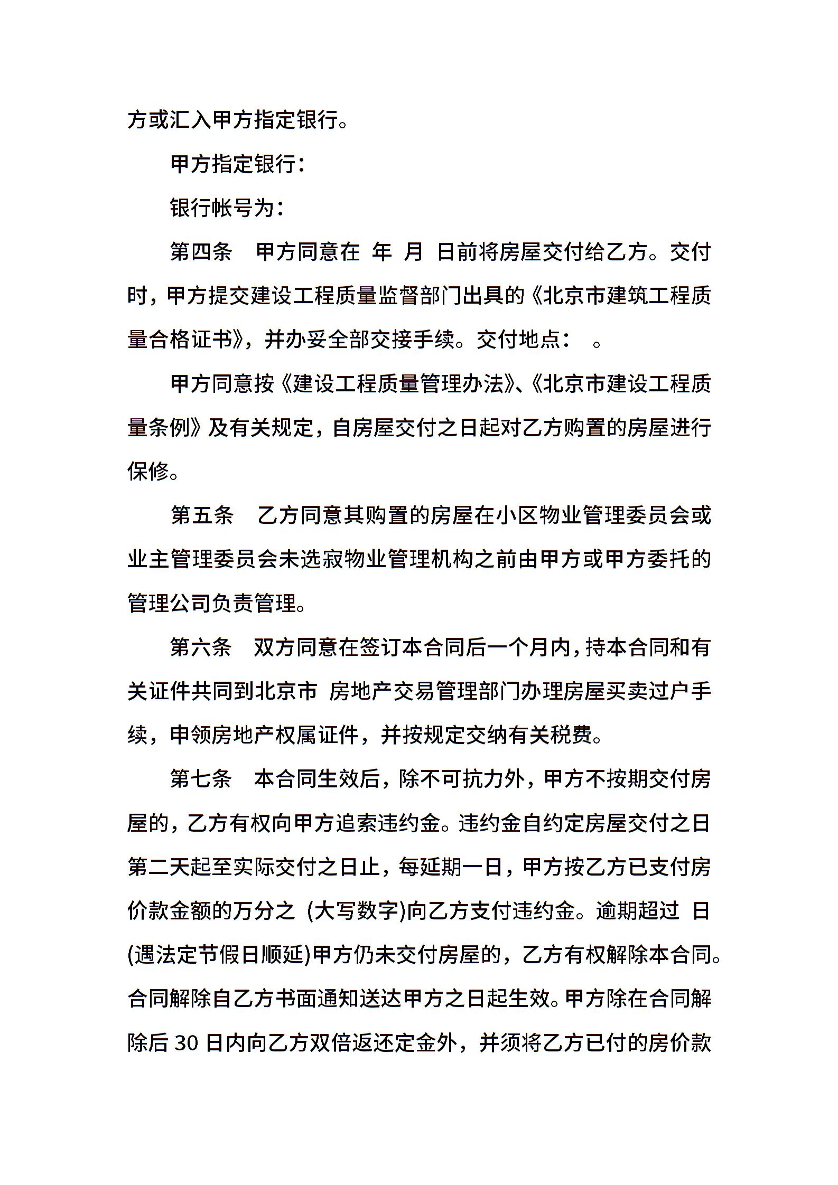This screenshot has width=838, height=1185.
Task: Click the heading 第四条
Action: tap(201, 252)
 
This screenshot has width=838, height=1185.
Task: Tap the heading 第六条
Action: tap(201, 647)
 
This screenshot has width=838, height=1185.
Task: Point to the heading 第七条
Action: tap(201, 779)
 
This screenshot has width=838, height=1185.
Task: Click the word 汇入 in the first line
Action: tap(190, 120)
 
